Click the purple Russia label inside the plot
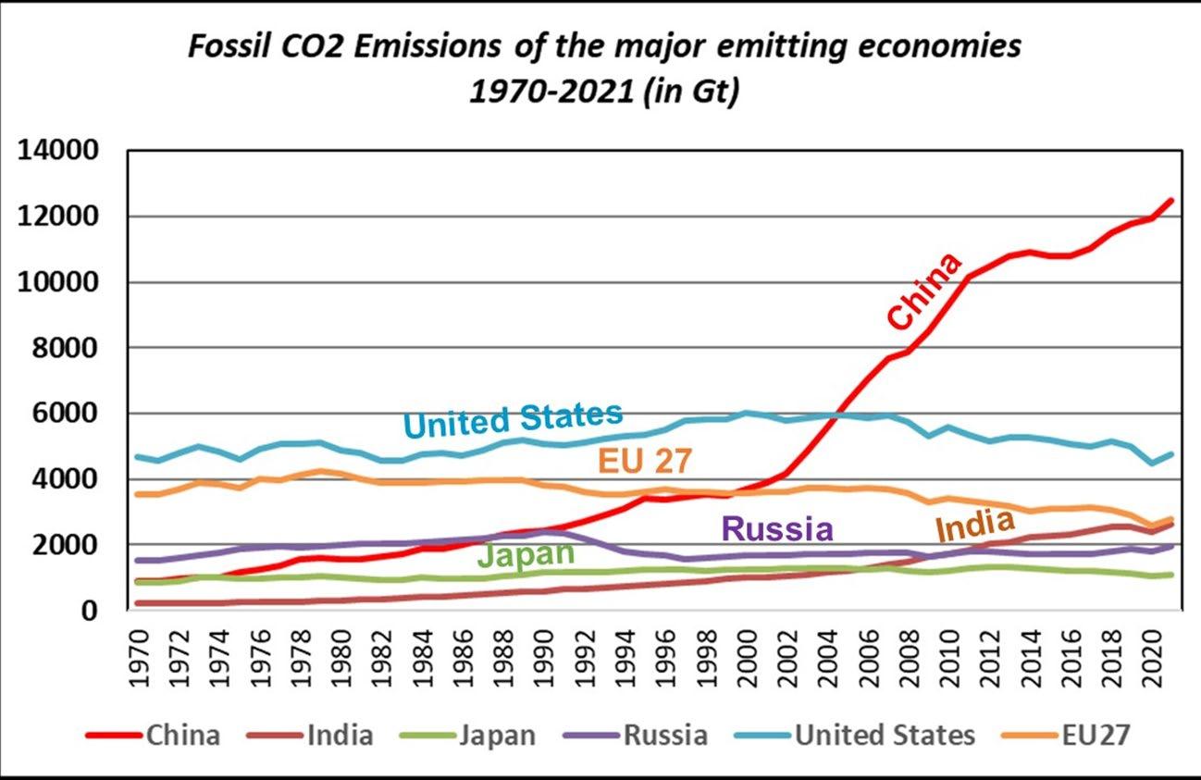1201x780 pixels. coord(777,529)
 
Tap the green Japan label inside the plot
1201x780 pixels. coord(526,554)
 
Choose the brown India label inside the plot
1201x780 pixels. coord(974,527)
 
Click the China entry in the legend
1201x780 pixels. coord(182,736)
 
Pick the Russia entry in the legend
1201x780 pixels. coord(665,736)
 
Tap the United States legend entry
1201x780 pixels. coord(885,736)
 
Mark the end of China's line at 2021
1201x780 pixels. coord(1171,200)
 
